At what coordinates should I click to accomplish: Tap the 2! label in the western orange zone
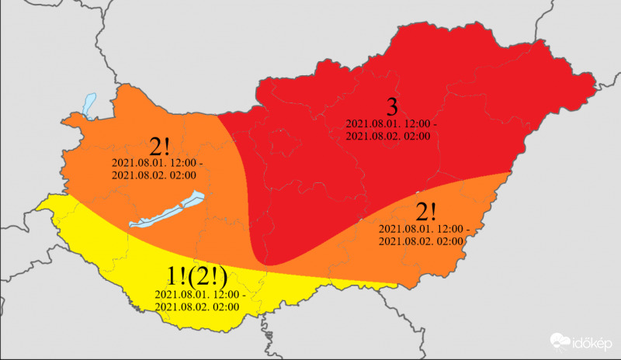pos(158,146)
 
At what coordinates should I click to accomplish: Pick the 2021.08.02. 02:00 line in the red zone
pos(388,137)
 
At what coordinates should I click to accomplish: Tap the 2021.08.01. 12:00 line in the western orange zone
pos(158,164)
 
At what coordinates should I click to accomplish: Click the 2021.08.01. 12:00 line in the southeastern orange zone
pos(424,230)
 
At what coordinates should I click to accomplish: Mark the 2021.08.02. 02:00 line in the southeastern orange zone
pos(421,241)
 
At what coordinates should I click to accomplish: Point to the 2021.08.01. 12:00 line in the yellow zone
pos(200,295)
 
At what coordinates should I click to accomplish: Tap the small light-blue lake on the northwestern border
pos(88,105)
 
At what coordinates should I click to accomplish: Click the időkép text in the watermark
pos(594,342)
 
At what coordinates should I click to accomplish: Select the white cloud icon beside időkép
pos(561,341)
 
